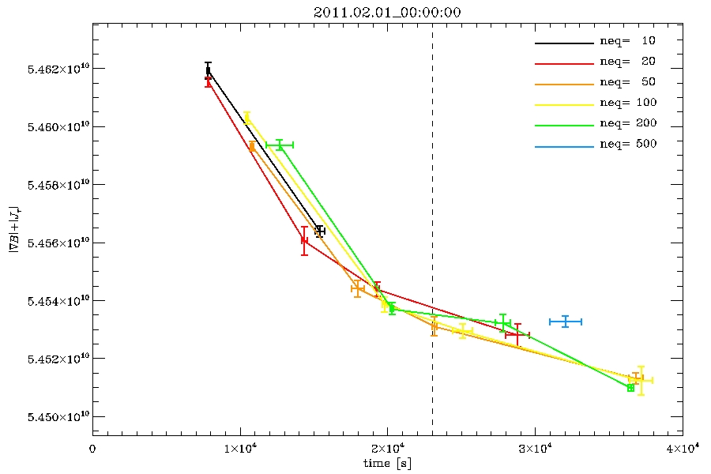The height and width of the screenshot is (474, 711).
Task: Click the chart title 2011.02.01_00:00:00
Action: [388, 12]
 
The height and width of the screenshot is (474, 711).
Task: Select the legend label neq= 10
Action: [627, 40]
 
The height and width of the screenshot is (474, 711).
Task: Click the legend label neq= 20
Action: [627, 61]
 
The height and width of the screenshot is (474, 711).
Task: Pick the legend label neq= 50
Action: [627, 82]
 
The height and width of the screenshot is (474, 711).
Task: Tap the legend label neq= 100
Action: [627, 103]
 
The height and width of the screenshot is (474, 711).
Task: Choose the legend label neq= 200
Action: [627, 124]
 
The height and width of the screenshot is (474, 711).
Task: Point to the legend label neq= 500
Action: [627, 145]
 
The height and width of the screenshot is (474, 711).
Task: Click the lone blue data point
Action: [566, 322]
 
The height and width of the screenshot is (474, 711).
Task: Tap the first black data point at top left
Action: [208, 70]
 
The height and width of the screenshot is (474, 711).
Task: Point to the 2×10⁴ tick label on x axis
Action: [388, 448]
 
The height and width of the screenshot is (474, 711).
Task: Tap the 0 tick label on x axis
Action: [92, 448]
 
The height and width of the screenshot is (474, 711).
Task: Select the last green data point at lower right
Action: [630, 388]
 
